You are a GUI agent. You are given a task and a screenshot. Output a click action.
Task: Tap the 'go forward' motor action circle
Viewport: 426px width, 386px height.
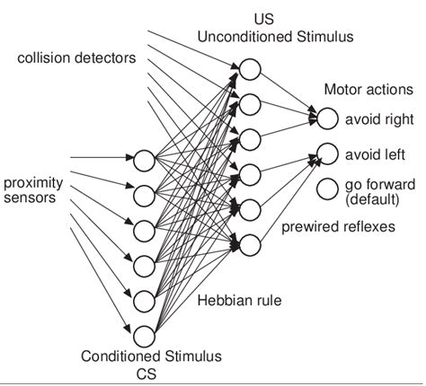point(326,190)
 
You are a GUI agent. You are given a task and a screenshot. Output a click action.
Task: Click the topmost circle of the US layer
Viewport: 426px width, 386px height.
point(250,69)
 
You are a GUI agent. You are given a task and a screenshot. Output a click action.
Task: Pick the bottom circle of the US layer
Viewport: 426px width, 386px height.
point(250,242)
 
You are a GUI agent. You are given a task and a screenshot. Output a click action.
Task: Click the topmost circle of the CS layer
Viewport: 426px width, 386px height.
point(144,162)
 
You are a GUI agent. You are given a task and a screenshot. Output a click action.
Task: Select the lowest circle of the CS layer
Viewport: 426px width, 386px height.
point(144,336)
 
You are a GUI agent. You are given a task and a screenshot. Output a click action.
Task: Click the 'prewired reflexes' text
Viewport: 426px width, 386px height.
point(339,227)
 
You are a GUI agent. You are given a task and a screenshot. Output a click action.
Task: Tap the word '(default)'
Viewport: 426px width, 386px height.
point(368,197)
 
